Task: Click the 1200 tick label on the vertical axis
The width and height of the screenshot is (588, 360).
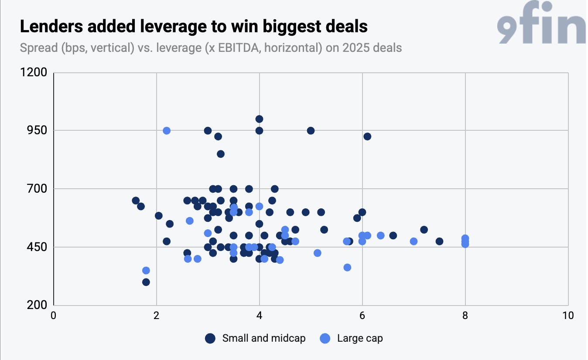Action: pos(34,72)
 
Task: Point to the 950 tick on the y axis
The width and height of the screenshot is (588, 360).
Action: pos(37,130)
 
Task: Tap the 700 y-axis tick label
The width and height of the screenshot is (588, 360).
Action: pos(37,189)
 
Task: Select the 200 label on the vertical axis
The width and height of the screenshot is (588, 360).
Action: pos(37,305)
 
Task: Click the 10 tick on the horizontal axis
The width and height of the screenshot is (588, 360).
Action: pos(568,316)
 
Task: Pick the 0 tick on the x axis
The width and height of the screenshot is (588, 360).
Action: pos(53,316)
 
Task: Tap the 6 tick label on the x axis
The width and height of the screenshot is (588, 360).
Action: pos(362,316)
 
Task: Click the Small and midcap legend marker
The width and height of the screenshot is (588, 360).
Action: pos(210,338)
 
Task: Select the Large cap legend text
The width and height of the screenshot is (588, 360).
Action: pos(360,339)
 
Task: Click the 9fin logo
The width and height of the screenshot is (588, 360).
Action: pos(541,22)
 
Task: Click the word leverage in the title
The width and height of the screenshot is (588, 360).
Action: pos(173,27)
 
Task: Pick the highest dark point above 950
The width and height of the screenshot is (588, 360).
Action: pos(259,119)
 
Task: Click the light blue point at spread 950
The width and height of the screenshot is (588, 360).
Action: pos(167,131)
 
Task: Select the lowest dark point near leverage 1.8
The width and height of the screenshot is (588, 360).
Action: pos(146,282)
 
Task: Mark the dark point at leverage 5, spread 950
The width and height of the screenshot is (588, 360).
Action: pos(311,131)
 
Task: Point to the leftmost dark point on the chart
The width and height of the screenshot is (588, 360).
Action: pos(136,200)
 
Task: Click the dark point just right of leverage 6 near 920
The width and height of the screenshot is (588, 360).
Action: pos(367,136)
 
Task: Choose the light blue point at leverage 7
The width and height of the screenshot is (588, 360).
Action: pos(414,241)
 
